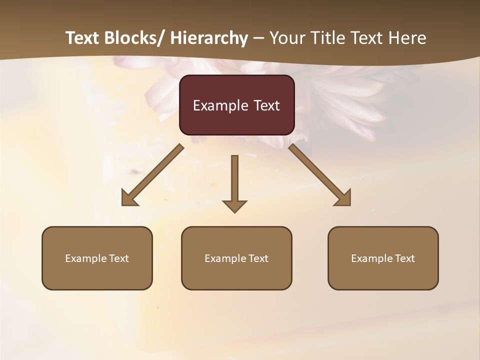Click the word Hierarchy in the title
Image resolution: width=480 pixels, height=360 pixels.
coord(208,38)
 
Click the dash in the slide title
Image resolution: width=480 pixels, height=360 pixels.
coord(258,38)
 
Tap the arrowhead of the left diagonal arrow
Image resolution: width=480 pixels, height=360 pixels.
coord(128,199)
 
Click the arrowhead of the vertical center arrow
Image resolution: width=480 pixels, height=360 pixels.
coord(234,205)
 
